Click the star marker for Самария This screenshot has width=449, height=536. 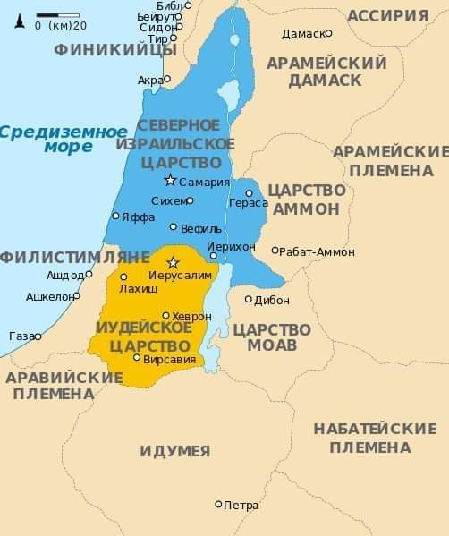[170, 180]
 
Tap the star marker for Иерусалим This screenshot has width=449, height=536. [174, 262]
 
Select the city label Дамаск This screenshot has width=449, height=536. [301, 34]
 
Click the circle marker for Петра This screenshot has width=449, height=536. [218, 505]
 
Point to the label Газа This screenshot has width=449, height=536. [20, 336]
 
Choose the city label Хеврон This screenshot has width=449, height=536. [191, 316]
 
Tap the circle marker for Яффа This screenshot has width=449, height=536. [115, 216]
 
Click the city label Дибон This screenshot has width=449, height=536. [272, 301]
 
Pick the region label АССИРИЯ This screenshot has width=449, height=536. [387, 15]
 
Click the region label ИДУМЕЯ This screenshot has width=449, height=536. [175, 451]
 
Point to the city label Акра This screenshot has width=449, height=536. [149, 81]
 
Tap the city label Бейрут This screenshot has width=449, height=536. [154, 16]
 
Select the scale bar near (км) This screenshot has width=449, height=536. [58, 14]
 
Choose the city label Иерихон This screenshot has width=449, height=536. [231, 246]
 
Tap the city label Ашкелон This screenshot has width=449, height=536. [49, 295]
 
